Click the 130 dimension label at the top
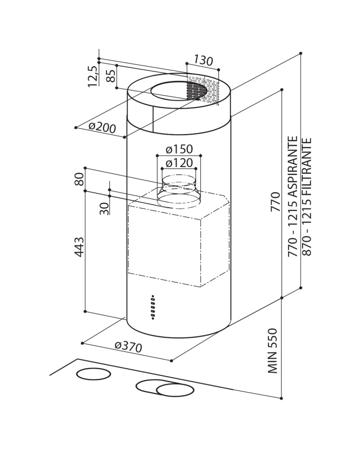click(x=203, y=60)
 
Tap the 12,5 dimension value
click(x=93, y=76)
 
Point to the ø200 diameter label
click(x=102, y=128)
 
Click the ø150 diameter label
click(x=179, y=149)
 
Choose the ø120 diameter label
click(x=179, y=163)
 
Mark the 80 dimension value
click(x=80, y=179)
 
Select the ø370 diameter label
click(x=128, y=347)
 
